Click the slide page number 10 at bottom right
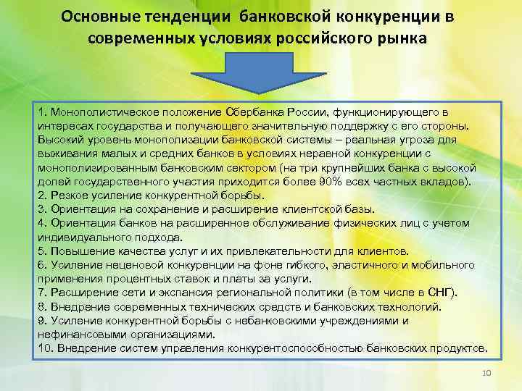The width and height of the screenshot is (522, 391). tap(486, 371)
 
